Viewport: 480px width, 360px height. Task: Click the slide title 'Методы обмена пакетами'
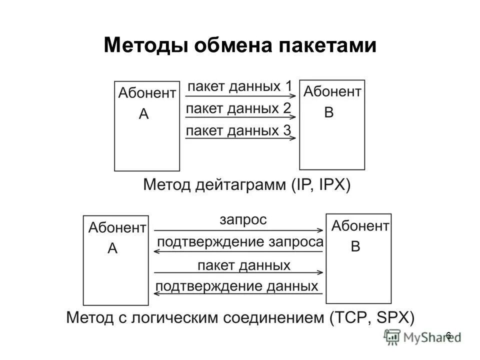[x=239, y=46]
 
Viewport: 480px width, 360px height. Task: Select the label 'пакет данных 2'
[x=238, y=108]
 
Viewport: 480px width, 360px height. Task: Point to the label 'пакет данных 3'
[x=238, y=131]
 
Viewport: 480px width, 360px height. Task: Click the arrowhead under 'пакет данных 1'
[x=294, y=97]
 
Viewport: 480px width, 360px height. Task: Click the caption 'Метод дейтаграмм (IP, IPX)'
[x=247, y=185]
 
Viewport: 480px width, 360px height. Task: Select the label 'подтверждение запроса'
[x=240, y=242]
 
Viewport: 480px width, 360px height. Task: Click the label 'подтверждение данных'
[x=237, y=286]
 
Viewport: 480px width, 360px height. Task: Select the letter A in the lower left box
[x=112, y=249]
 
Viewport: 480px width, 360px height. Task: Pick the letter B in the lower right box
[x=355, y=247]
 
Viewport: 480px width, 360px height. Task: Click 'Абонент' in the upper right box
[x=332, y=91]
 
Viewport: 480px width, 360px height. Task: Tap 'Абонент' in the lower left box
[x=117, y=228]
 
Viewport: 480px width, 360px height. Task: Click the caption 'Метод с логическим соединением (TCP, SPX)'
[x=240, y=317]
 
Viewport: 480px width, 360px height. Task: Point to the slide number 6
[x=448, y=335]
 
